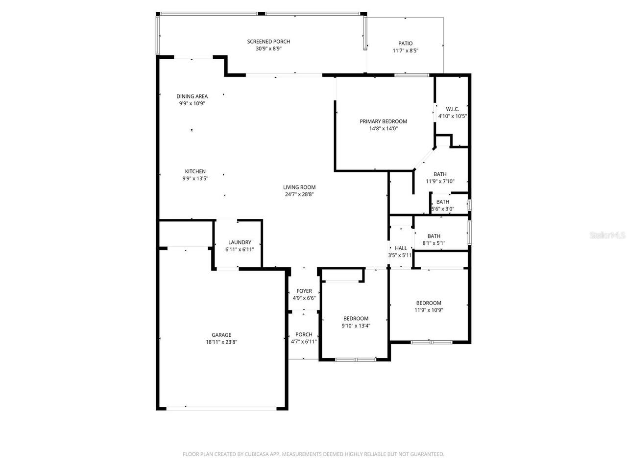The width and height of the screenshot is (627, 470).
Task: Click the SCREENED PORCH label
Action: [x=268, y=42]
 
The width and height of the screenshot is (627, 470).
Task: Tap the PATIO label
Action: [x=405, y=44]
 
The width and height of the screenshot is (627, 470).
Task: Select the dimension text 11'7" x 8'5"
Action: [x=405, y=51]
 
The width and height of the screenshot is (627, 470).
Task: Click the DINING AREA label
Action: [x=192, y=96]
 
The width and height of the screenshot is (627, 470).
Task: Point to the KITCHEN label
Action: [x=195, y=171]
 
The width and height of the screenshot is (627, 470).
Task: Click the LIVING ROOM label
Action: [x=299, y=187]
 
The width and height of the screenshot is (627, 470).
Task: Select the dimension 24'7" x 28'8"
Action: [x=299, y=194]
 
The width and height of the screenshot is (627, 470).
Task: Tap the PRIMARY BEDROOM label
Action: [x=383, y=121]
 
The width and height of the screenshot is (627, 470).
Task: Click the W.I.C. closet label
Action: [x=452, y=109]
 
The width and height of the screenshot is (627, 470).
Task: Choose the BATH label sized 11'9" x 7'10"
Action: [x=440, y=174]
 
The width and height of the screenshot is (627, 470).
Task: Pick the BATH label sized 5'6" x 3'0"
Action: [x=442, y=202]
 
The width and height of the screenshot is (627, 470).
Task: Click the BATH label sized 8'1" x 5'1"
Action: [x=434, y=236]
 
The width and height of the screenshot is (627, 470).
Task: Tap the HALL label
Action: [x=401, y=248]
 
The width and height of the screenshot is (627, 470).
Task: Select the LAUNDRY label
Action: [x=240, y=242]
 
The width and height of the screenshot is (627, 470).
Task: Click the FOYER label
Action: [x=304, y=291]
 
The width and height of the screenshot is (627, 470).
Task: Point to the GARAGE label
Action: [x=221, y=335]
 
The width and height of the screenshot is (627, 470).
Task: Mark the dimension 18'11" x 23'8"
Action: [x=221, y=343]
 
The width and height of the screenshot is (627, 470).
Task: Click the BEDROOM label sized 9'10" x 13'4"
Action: [x=356, y=318]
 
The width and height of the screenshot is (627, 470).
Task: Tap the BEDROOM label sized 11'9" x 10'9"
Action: [x=429, y=303]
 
